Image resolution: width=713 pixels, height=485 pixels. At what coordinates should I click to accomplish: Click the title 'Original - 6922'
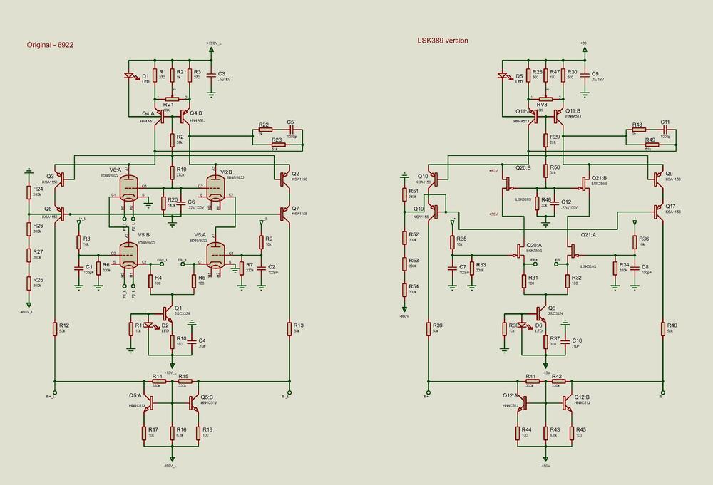tap(51, 44)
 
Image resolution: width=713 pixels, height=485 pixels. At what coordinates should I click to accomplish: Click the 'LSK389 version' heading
tap(443, 41)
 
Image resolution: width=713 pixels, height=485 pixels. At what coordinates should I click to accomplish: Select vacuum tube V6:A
tap(129, 188)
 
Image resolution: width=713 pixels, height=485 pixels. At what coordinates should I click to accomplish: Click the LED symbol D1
tap(130, 76)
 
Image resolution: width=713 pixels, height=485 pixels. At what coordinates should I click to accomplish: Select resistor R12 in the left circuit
tap(54, 328)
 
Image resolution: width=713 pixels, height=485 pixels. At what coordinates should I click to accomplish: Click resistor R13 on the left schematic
tap(289, 328)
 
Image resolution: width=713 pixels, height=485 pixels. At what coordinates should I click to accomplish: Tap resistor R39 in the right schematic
tap(428, 328)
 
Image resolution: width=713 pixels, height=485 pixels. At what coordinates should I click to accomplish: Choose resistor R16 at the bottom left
tap(172, 433)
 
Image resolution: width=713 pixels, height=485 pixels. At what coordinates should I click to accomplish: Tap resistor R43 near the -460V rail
tap(545, 433)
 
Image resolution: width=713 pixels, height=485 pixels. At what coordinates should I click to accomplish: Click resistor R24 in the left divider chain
tap(29, 192)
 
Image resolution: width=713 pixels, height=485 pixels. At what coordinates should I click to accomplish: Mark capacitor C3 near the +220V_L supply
tap(211, 75)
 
